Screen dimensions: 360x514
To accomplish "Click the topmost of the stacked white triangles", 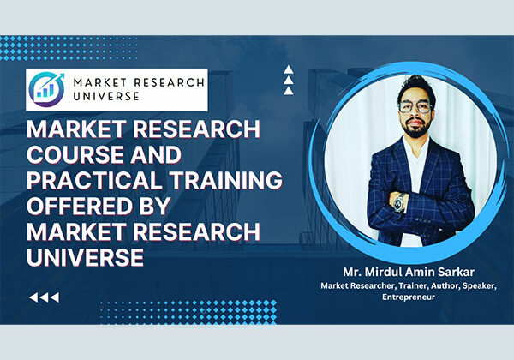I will (290, 71).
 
